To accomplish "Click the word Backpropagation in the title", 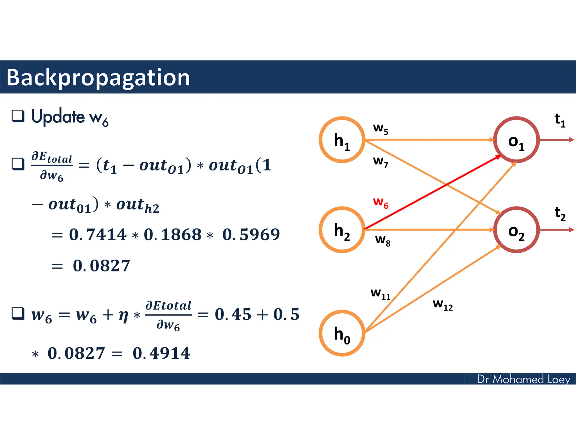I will [x=98, y=78].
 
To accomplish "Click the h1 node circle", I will [x=342, y=140].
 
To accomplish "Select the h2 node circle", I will [x=342, y=230].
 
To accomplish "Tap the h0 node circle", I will [x=342, y=333].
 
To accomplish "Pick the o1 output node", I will [x=516, y=140].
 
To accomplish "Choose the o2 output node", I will [x=516, y=230].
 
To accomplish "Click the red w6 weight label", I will [x=381, y=203].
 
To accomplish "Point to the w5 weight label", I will [x=381, y=129].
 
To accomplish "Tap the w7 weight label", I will [x=381, y=161].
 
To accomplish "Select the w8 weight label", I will [x=383, y=240].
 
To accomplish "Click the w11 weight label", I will [x=381, y=294].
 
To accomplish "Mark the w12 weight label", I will [x=443, y=304].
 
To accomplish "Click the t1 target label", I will [x=560, y=120].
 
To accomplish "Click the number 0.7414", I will [x=98, y=235].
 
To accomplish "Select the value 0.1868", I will [x=173, y=235].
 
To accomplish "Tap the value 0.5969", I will [x=251, y=235].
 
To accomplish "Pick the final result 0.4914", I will [x=161, y=353].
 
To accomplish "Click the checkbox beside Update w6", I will [x=18, y=116].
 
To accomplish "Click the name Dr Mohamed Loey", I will [x=523, y=379].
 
